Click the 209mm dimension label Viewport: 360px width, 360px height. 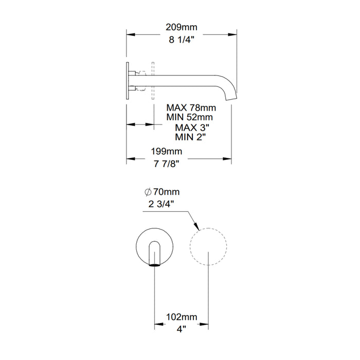click(x=182, y=27)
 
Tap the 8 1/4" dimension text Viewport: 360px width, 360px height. click(x=182, y=40)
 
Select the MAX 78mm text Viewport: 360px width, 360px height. click(x=191, y=107)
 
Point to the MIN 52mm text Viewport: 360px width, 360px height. click(x=189, y=117)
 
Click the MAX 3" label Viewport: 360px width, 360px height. click(x=192, y=127)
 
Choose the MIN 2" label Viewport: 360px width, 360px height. click(x=190, y=137)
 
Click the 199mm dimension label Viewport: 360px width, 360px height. click(x=167, y=151)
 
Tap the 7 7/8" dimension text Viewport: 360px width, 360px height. click(x=167, y=164)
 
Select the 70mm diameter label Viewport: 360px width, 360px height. click(x=166, y=192)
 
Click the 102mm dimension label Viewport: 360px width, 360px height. click(x=182, y=317)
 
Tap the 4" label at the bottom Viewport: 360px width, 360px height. click(x=181, y=329)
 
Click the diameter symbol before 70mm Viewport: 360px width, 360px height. click(x=148, y=192)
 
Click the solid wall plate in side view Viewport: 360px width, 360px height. click(x=128, y=81)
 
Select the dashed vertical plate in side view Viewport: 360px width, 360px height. click(x=153, y=81)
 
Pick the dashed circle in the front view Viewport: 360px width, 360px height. click(x=208, y=246)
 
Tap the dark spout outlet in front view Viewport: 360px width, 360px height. click(x=154, y=265)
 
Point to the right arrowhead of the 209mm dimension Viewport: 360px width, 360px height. click(x=232, y=34)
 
